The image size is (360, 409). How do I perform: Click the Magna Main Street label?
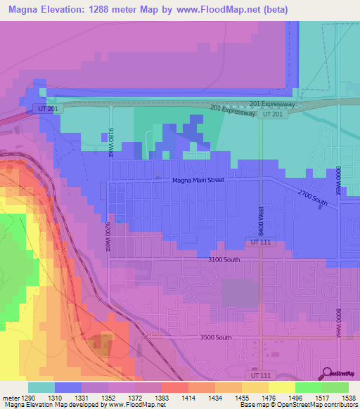[x=198, y=180]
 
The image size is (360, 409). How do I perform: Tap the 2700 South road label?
[x=312, y=198]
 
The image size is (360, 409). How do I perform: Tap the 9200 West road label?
[x=108, y=237]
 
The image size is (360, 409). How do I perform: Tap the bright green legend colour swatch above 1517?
[x=309, y=387]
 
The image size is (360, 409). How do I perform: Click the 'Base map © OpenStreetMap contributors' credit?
[x=299, y=405]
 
